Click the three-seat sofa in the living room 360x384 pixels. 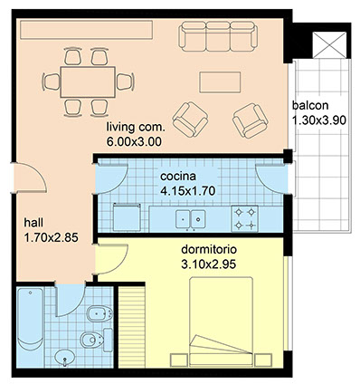[x=218, y=36]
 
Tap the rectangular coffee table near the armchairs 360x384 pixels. [x=220, y=82]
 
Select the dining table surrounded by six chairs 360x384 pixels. [x=88, y=82]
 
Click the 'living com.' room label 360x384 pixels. [x=136, y=127]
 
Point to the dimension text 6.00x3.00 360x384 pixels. [x=134, y=141]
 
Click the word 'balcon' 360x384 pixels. [x=310, y=106]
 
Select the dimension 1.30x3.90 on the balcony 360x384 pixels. [x=319, y=120]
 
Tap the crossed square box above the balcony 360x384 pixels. [x=329, y=44]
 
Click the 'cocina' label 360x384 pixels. [x=178, y=177]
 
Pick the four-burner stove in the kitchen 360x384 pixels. [x=244, y=218]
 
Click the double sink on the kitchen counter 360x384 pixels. [x=191, y=219]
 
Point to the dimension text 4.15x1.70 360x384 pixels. [x=187, y=191]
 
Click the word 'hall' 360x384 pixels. [x=33, y=223]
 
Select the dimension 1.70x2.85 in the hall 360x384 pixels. [x=52, y=237]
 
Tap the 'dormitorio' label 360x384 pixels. [x=209, y=250]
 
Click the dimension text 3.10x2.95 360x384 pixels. [x=209, y=264]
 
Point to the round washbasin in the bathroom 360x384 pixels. [x=64, y=358]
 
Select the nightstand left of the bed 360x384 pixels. [x=179, y=360]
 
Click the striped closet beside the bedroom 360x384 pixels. [x=132, y=327]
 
